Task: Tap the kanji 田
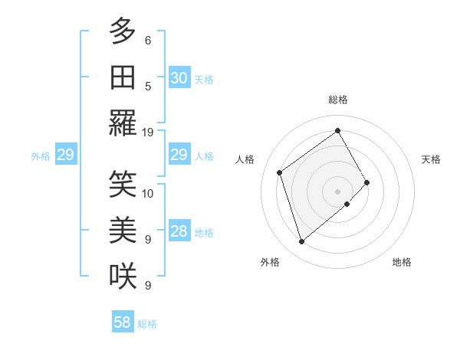pyautogui.click(x=123, y=77)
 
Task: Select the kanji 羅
pyautogui.click(x=123, y=123)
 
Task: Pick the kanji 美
pyautogui.click(x=123, y=229)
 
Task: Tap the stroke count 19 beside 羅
pyautogui.click(x=148, y=132)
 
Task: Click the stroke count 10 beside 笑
pyautogui.click(x=148, y=193)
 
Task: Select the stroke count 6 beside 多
pyautogui.click(x=148, y=40)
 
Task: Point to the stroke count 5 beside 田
pyautogui.click(x=148, y=86)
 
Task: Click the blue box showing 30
pyautogui.click(x=179, y=78)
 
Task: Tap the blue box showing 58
pyautogui.click(x=123, y=322)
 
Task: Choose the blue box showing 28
pyautogui.click(x=179, y=232)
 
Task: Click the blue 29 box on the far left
pyautogui.click(x=65, y=155)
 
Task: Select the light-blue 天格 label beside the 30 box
pyautogui.click(x=204, y=80)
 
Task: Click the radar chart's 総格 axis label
pyautogui.click(x=337, y=100)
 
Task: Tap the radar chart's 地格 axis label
pyautogui.click(x=402, y=262)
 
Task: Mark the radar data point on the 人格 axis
pyautogui.click(x=280, y=172)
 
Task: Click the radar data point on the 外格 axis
pyautogui.click(x=301, y=242)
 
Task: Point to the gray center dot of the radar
pyautogui.click(x=337, y=190)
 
